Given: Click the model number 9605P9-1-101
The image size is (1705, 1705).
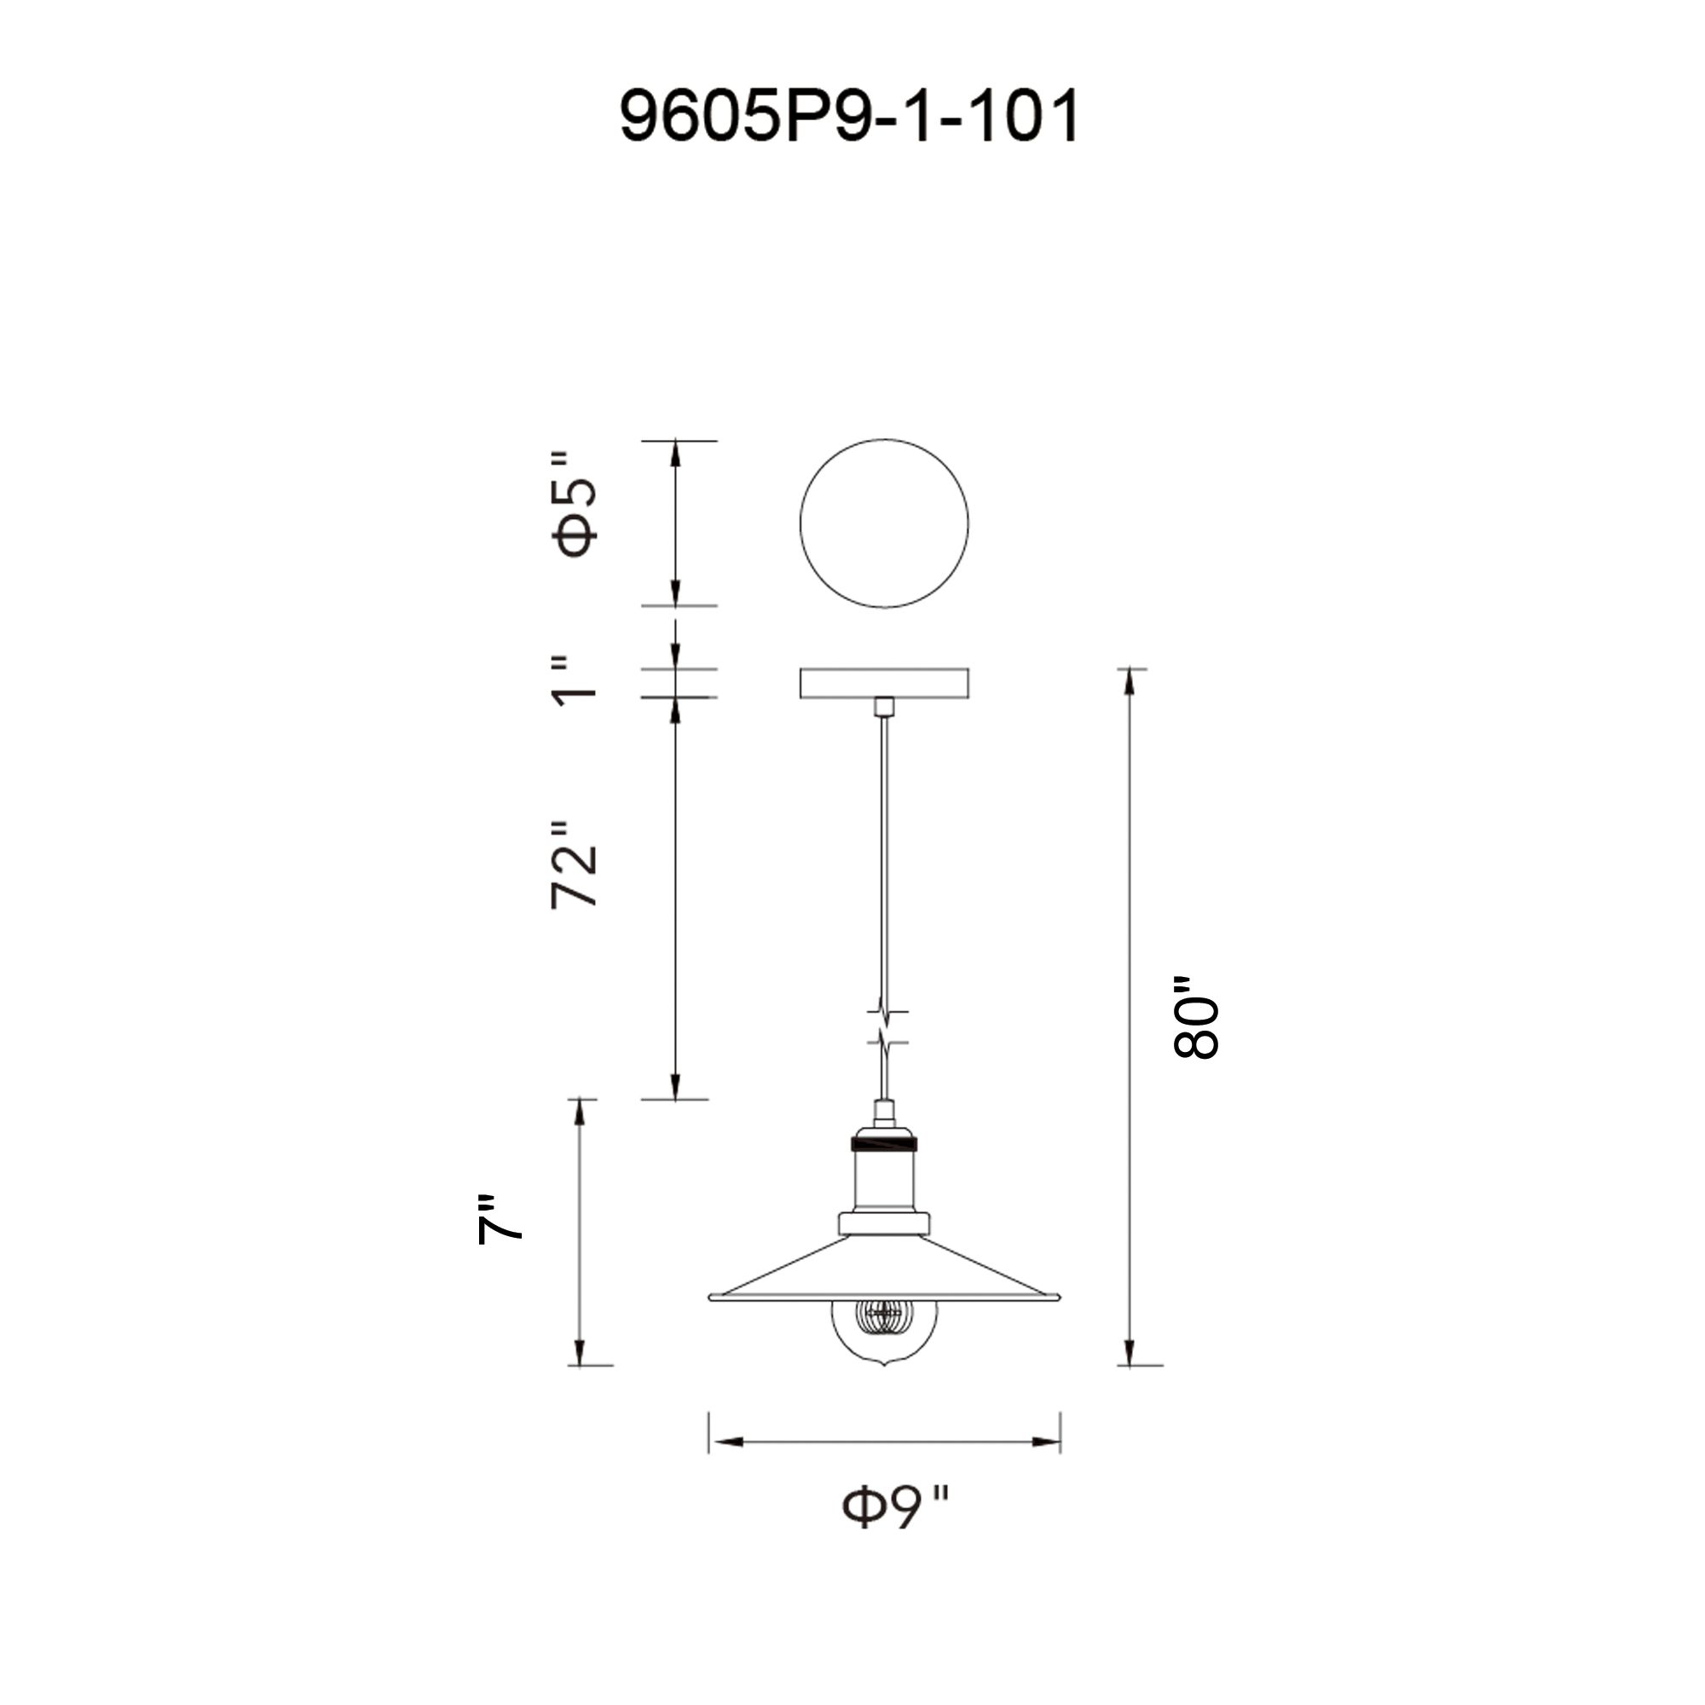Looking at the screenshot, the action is tap(849, 116).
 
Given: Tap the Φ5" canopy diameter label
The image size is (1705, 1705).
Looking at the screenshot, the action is tap(575, 504).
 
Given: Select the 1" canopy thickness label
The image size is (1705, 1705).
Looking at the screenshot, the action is tap(575, 681).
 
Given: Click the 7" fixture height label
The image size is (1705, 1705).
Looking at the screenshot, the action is tap(500, 1221).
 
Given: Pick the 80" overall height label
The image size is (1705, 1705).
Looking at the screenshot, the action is tap(1196, 1018).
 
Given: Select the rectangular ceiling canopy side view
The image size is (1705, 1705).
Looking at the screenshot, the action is tap(884, 683).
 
